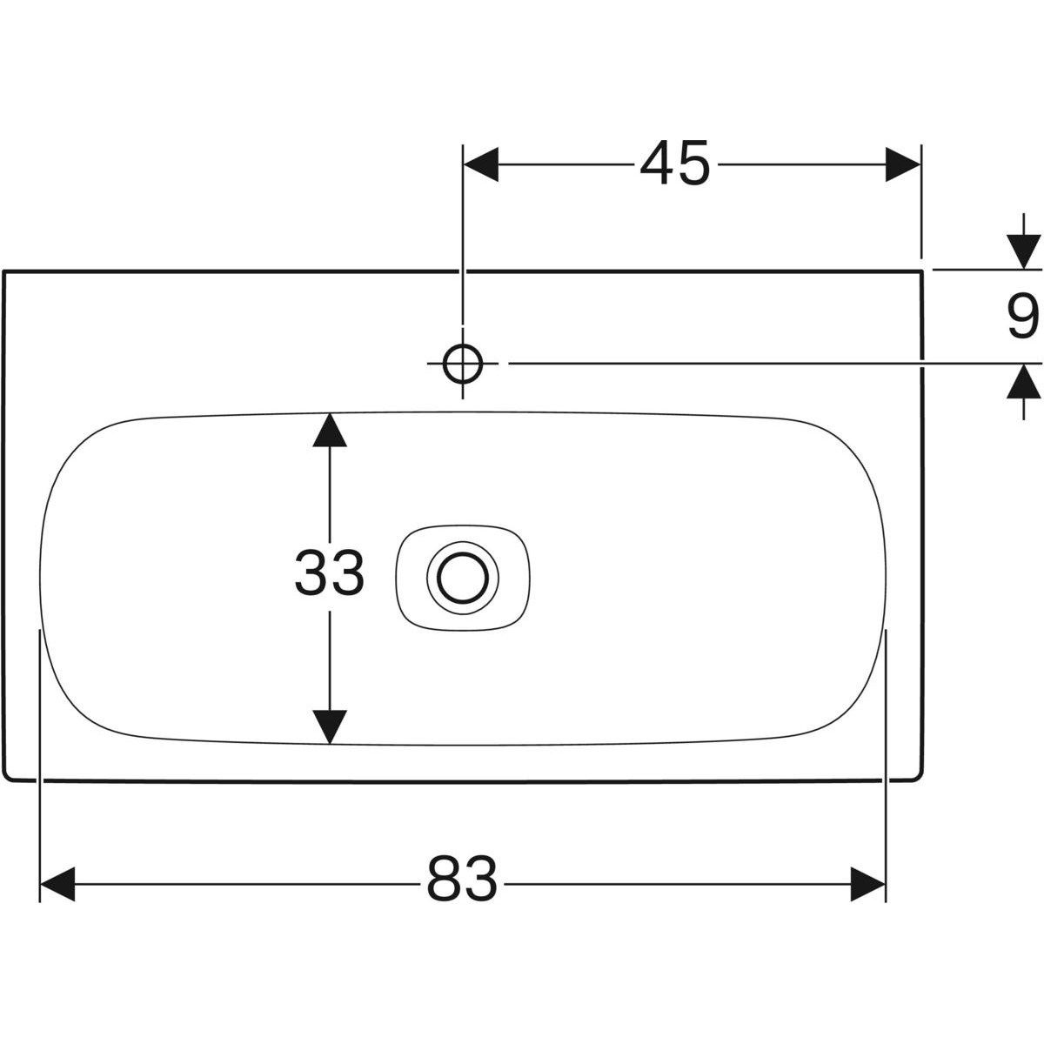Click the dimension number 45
[675, 164]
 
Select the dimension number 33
[329, 574]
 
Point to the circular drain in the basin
[463, 576]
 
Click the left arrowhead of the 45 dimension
[481, 164]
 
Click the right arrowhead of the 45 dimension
[902, 164]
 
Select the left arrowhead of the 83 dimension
[58, 884]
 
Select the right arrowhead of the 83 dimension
[867, 884]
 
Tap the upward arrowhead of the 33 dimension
[329, 430]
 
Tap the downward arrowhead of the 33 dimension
[329, 726]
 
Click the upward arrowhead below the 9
[1023, 383]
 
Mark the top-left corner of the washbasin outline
[4, 271]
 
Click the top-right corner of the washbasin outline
[921, 271]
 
